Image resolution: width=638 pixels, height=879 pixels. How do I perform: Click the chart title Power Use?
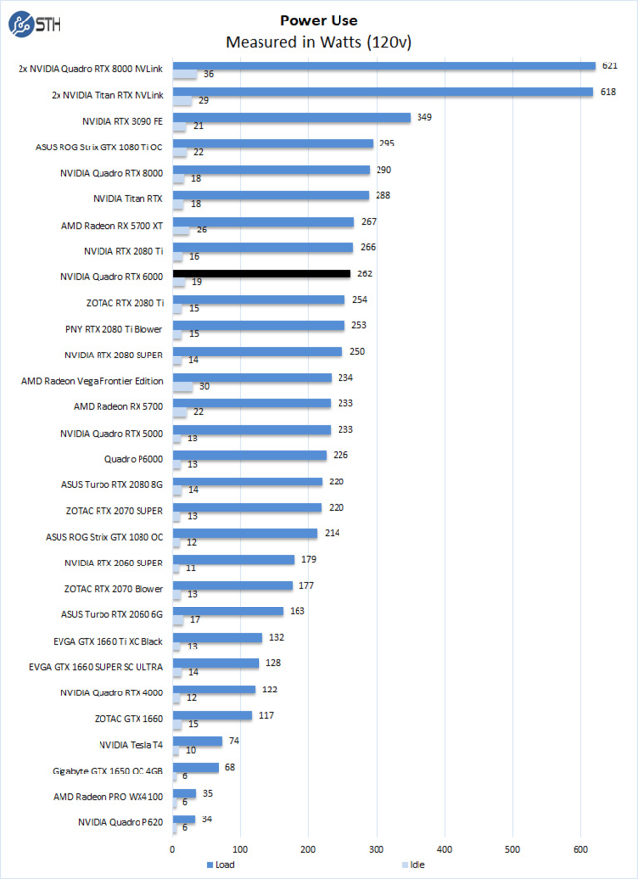(x=318, y=21)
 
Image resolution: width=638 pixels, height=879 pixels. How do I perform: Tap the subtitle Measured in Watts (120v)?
(x=318, y=42)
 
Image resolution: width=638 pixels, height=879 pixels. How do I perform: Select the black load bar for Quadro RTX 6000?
(x=261, y=274)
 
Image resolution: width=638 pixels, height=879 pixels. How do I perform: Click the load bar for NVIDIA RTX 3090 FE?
(x=292, y=118)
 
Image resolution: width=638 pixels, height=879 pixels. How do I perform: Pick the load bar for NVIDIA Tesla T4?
(x=198, y=741)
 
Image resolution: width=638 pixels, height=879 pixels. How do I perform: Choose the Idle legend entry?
(x=412, y=864)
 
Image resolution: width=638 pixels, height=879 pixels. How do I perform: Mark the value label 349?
(x=423, y=118)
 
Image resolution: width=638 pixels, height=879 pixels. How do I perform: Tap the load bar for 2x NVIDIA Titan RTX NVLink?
(x=383, y=92)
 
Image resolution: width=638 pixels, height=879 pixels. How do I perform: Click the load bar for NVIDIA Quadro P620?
(x=184, y=819)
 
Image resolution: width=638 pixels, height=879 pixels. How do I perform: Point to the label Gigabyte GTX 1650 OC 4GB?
(x=107, y=771)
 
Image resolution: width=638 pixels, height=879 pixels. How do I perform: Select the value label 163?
(x=297, y=611)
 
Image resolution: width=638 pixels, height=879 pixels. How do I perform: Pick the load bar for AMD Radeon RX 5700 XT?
(x=263, y=222)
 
